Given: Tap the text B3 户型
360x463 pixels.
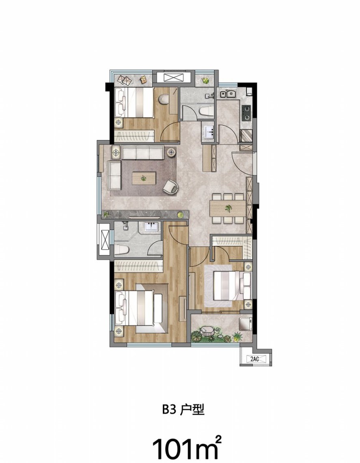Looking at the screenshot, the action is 183,409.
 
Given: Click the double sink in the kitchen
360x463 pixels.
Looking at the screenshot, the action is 227,94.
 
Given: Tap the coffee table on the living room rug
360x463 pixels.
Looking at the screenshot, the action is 144,179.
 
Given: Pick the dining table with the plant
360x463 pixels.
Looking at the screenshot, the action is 228,209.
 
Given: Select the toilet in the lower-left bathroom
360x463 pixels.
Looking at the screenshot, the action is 121,250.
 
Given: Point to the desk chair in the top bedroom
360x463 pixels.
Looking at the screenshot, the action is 164,99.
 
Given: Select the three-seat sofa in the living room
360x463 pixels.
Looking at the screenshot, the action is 143,153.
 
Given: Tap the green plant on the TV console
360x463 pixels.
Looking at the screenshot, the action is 180,215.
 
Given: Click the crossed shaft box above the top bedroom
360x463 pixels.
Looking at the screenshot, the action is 174,78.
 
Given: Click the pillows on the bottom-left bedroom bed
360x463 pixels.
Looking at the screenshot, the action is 121,308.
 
